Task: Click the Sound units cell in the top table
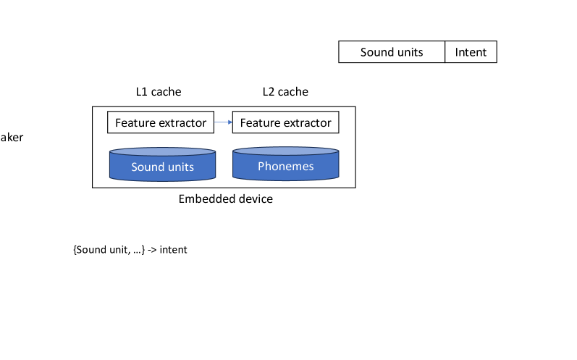[x=392, y=52]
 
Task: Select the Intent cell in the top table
[x=471, y=52]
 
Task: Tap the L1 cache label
[x=159, y=92]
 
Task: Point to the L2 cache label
[x=285, y=92]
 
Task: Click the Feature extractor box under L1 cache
[x=161, y=123]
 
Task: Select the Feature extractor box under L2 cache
[x=285, y=123]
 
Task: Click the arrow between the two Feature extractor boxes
[x=223, y=123]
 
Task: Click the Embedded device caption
[x=226, y=198]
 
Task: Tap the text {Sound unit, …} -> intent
[x=130, y=250]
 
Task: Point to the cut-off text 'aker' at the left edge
[x=12, y=137]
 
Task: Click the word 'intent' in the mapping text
[x=173, y=250]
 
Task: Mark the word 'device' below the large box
[x=256, y=198]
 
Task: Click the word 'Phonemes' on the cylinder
[x=285, y=167]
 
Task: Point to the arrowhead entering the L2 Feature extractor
[x=229, y=123]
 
